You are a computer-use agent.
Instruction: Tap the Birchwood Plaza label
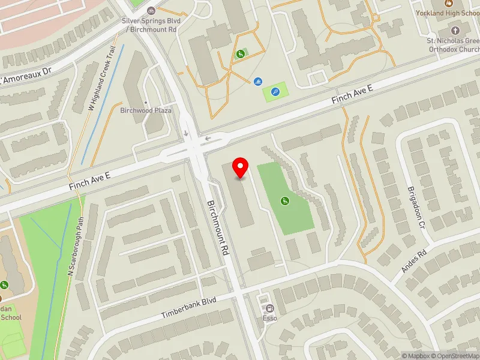pyautogui.click(x=146, y=110)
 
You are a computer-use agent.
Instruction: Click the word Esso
pyautogui.click(x=269, y=318)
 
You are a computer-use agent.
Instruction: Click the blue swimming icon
pyautogui.click(x=257, y=82)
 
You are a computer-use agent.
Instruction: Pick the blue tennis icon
pyautogui.click(x=275, y=92)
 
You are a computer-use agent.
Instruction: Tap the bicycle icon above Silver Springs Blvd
pyautogui.click(x=151, y=10)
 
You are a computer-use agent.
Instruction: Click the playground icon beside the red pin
pyautogui.click(x=285, y=201)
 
